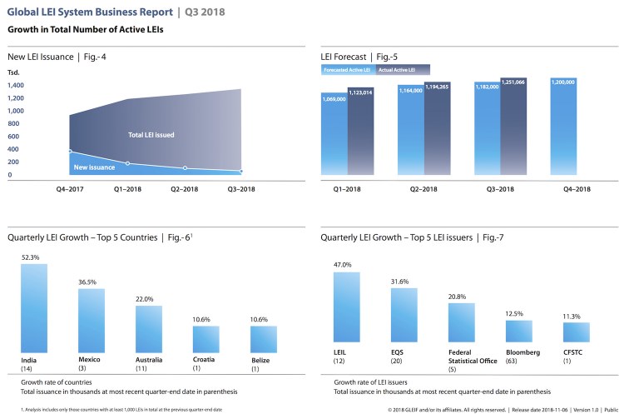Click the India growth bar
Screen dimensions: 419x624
[34, 307]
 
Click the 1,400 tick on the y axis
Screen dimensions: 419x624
[16, 85]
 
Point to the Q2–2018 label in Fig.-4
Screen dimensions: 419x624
[184, 189]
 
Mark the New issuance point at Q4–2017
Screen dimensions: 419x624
[70, 151]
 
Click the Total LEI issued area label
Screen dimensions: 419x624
[151, 134]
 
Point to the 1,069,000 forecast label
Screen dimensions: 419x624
[334, 97]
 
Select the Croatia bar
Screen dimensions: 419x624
[206, 338]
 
